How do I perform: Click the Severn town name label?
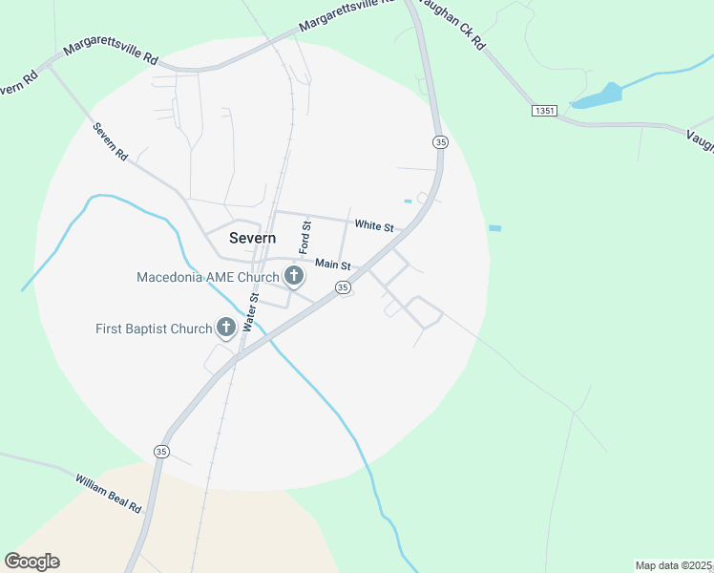click(252, 238)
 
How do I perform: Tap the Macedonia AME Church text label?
click(207, 278)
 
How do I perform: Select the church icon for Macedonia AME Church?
click(294, 278)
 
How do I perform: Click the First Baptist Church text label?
click(154, 329)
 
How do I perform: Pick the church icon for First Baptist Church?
click(226, 329)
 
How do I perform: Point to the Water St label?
click(252, 312)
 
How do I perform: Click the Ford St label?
click(305, 237)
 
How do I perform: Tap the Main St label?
click(333, 265)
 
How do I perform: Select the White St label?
click(374, 226)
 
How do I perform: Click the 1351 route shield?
click(544, 112)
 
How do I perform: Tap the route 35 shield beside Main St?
click(343, 287)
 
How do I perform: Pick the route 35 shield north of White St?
click(439, 141)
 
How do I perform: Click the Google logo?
click(31, 561)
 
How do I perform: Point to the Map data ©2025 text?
click(673, 565)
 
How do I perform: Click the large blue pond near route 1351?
click(598, 96)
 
